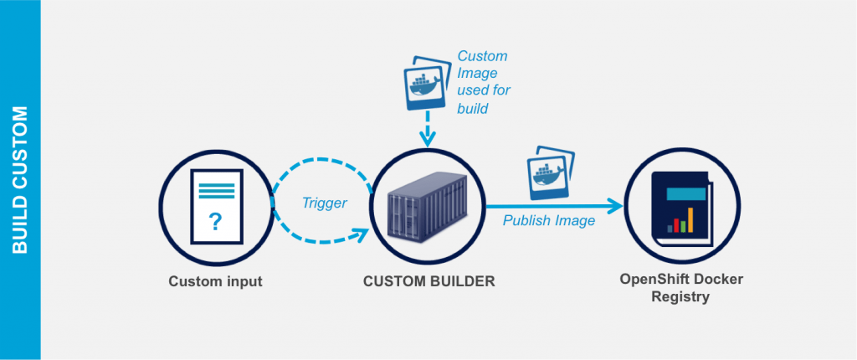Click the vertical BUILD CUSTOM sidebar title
[x=20, y=179]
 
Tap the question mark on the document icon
[x=215, y=222]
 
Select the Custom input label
[x=215, y=281]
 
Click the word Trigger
[x=324, y=203]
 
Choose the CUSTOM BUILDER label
[x=428, y=281]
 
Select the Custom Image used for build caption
[x=483, y=82]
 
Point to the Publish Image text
[x=548, y=221]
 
